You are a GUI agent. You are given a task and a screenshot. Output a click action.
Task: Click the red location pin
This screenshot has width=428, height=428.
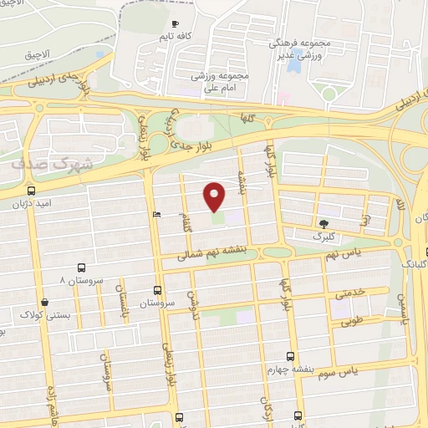coord(215,196)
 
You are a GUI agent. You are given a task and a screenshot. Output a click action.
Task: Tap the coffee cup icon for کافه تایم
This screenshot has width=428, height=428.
coord(174,24)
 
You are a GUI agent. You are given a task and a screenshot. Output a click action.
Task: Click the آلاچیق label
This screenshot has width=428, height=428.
coord(38,53)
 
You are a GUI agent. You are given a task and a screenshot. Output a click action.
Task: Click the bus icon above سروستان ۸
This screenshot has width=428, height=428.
coord(81,267)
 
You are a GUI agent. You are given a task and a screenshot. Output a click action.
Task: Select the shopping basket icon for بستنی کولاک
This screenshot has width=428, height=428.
coord(44,302)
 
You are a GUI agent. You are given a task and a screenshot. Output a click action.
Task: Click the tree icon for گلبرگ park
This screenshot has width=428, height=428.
coord(324,223)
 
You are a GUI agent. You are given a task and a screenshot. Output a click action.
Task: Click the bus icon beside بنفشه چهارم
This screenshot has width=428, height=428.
coord(290,356)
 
